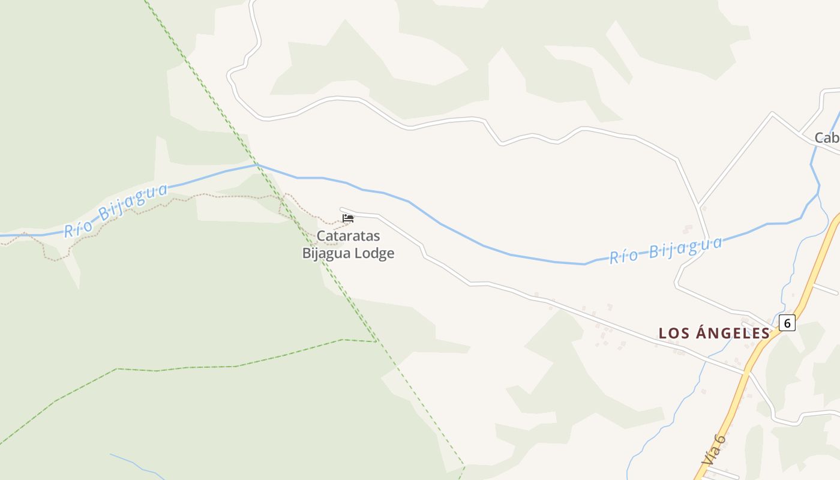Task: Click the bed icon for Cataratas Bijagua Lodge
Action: (x=348, y=218)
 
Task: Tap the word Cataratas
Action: (x=348, y=236)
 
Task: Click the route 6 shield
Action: (x=788, y=323)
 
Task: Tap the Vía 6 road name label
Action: (x=715, y=449)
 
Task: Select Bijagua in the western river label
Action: (x=133, y=202)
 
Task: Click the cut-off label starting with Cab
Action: (x=827, y=138)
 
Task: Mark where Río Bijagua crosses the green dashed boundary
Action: (x=257, y=164)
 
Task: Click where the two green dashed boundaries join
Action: (x=376, y=341)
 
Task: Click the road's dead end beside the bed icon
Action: (x=341, y=209)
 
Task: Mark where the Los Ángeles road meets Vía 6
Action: (x=746, y=373)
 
